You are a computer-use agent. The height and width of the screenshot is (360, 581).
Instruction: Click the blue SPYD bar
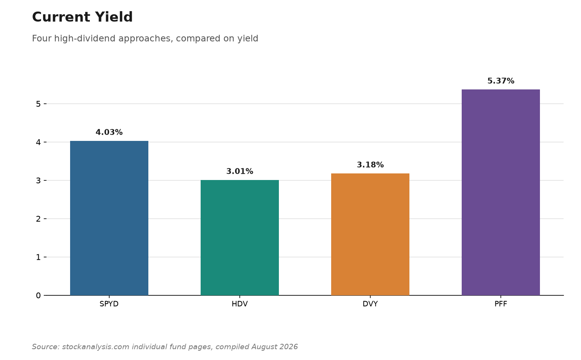(x=109, y=218)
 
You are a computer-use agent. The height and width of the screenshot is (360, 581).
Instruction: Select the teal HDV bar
(x=240, y=238)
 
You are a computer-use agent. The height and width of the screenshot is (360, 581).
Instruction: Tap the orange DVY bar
(x=370, y=234)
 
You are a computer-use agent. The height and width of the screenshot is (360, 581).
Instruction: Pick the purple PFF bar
(x=500, y=192)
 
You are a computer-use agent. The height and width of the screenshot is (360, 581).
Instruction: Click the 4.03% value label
(x=109, y=132)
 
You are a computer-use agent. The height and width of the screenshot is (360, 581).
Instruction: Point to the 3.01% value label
(x=240, y=171)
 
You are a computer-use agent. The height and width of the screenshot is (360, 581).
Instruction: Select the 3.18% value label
(x=370, y=165)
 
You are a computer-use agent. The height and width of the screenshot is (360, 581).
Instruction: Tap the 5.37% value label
(x=500, y=81)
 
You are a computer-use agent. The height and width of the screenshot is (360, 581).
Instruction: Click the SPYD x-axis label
(x=109, y=304)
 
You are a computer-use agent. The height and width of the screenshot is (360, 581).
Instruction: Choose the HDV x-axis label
(x=240, y=304)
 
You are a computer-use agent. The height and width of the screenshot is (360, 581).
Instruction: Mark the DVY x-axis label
(x=370, y=304)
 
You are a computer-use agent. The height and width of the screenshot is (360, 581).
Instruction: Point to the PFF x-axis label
(x=500, y=304)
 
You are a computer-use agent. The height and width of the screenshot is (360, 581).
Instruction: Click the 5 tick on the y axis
(x=38, y=104)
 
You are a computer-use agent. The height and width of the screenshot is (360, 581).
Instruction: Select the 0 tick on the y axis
(x=38, y=295)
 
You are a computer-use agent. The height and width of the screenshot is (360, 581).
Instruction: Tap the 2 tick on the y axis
(x=38, y=219)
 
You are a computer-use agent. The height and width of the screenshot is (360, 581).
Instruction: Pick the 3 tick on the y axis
(x=38, y=181)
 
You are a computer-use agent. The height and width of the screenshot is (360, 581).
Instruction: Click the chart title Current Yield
(x=82, y=17)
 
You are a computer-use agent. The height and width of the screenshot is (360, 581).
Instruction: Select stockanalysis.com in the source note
(x=95, y=347)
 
